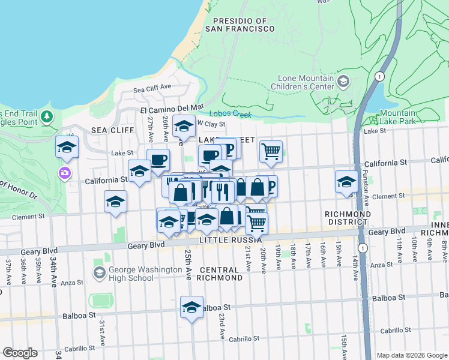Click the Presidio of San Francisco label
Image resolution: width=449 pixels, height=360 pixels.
[236, 24]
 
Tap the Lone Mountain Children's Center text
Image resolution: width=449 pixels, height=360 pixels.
[306, 83]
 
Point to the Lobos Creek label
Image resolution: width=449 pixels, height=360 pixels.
[228, 113]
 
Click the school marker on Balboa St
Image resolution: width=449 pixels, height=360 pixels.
[191, 307]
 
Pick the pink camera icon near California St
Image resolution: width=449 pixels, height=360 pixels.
[64, 173]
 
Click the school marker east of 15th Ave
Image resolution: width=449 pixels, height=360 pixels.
[346, 181]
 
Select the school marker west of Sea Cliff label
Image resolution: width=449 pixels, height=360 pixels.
[67, 146]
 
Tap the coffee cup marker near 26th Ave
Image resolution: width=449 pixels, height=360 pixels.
[158, 160]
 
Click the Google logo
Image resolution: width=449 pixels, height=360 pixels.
[20, 353]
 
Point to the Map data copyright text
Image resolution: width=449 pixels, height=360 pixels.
[411, 355]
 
